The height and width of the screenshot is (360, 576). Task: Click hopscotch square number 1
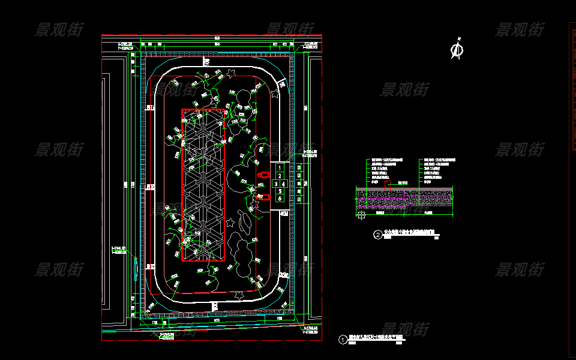pos(280,168)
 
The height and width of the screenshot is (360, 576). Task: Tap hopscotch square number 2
pos(280,176)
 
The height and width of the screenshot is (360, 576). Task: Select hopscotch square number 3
pos(276,184)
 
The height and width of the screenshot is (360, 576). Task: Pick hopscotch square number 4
pos(283,184)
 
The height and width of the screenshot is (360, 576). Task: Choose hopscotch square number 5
pos(280,191)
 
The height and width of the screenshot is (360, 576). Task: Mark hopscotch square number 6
pos(280,198)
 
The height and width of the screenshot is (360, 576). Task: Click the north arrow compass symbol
pos(457,50)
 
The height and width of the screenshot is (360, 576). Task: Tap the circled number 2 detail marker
pos(378,235)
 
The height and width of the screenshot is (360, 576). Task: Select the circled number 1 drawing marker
pos(343,340)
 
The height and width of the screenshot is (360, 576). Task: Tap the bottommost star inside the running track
pos(240,295)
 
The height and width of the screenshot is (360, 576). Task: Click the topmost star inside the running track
pos(231,73)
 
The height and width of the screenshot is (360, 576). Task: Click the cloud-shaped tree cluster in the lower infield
pos(242,254)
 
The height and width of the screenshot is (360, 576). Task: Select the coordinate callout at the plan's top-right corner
pos(313,46)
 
